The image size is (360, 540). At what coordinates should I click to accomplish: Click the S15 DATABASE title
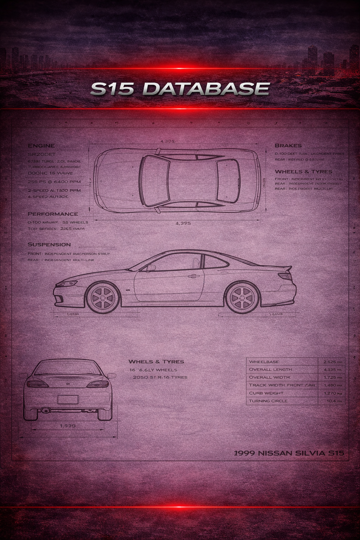(x=180, y=89)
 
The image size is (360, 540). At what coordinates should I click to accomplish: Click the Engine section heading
(x=41, y=146)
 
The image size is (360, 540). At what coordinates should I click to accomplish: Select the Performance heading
(x=53, y=214)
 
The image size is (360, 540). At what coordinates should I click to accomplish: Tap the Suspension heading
(x=49, y=244)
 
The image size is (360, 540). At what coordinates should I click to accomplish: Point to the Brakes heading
(x=288, y=146)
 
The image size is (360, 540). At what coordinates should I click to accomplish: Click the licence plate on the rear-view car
(x=67, y=399)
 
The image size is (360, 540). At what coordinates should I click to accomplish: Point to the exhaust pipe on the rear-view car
(x=45, y=410)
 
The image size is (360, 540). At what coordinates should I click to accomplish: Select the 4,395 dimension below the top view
(x=183, y=223)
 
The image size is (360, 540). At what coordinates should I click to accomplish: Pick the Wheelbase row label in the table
(x=264, y=362)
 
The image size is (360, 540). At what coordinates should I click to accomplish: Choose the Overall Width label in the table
(x=270, y=377)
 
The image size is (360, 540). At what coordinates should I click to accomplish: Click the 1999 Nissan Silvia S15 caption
(x=289, y=453)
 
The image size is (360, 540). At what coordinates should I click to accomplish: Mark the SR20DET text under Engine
(x=41, y=154)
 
